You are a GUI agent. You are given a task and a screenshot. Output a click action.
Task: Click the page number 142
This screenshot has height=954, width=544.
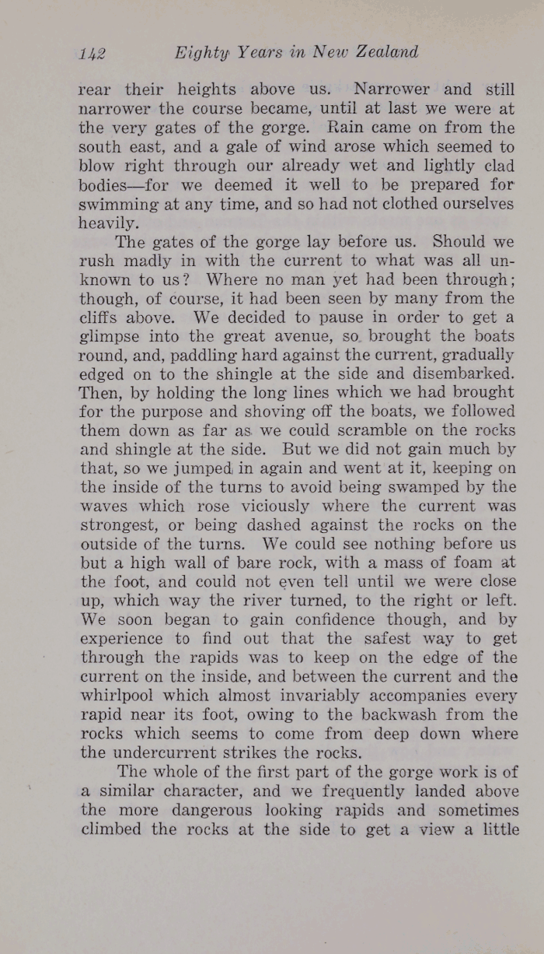tap(92, 53)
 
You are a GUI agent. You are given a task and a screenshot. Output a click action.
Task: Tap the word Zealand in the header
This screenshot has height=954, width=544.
tap(386, 52)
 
